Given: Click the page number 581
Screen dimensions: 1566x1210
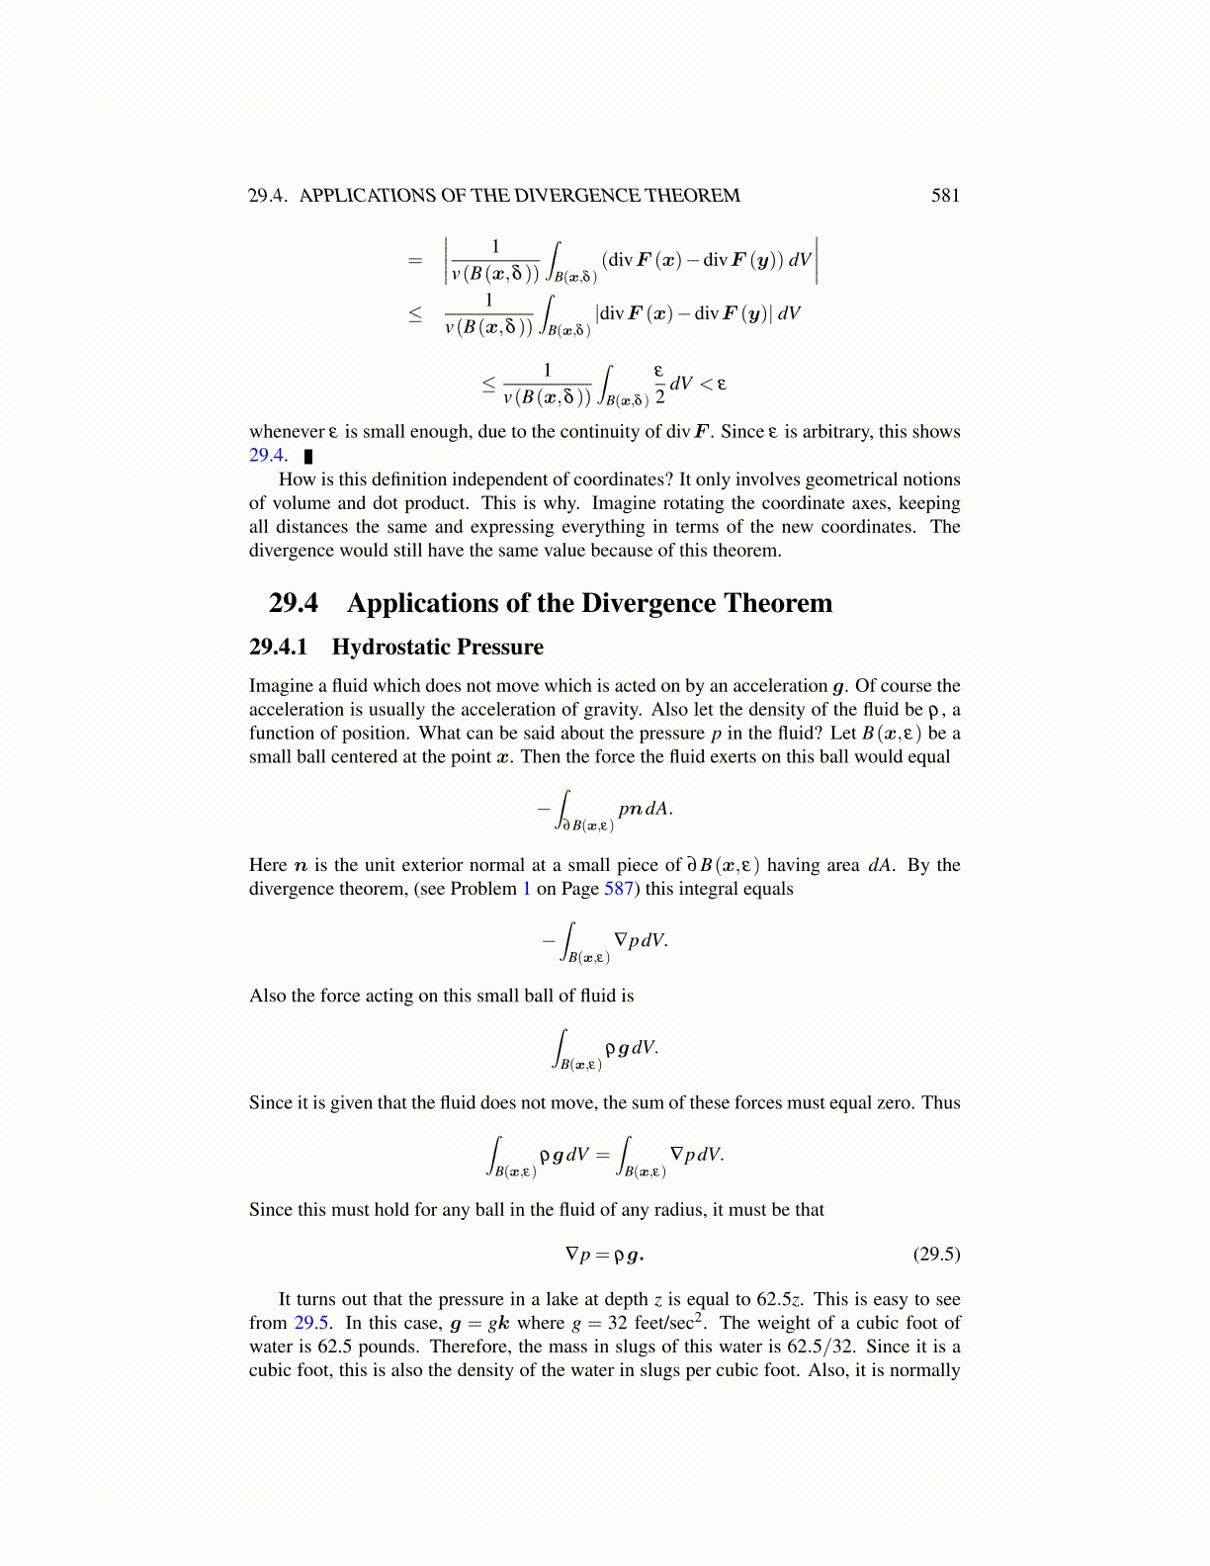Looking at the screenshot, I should [945, 196].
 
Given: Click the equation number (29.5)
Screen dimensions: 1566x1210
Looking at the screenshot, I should [936, 1255].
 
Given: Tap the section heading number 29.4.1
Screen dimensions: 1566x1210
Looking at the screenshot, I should [279, 648].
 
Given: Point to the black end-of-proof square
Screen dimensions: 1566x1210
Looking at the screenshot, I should [308, 457].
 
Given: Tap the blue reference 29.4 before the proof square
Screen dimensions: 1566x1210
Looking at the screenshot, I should [266, 456].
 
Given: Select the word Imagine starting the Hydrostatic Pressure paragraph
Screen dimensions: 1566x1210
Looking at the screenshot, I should [281, 686].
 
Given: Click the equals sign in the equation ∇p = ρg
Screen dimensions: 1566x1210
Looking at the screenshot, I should [602, 1255].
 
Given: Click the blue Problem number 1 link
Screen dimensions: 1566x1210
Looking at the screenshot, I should [527, 889].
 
